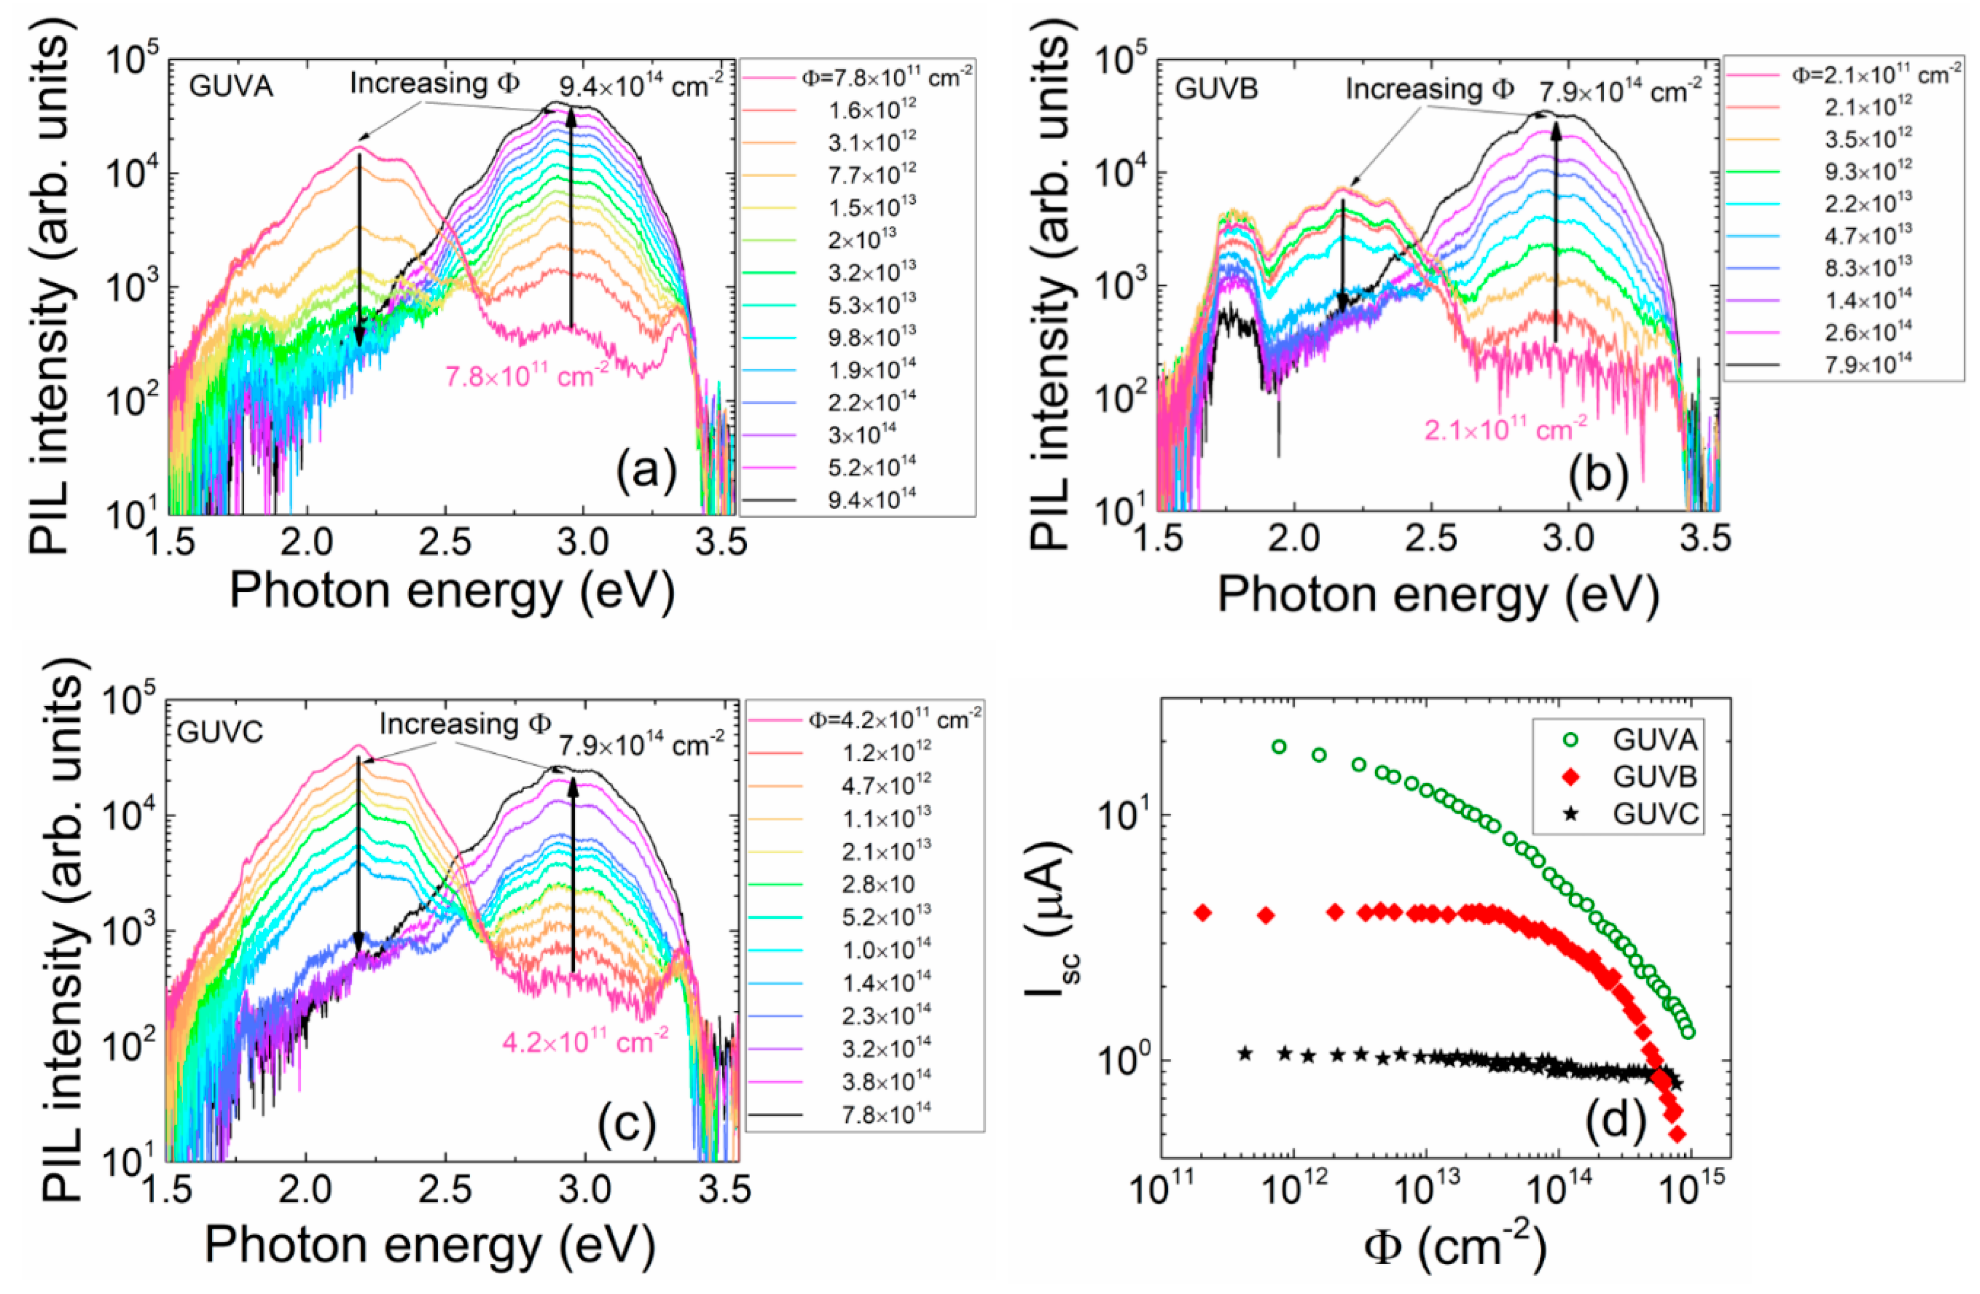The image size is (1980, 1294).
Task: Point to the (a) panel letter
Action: (646, 471)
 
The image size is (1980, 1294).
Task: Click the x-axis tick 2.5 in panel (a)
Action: (445, 543)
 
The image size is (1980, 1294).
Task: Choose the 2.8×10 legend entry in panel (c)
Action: (878, 884)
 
